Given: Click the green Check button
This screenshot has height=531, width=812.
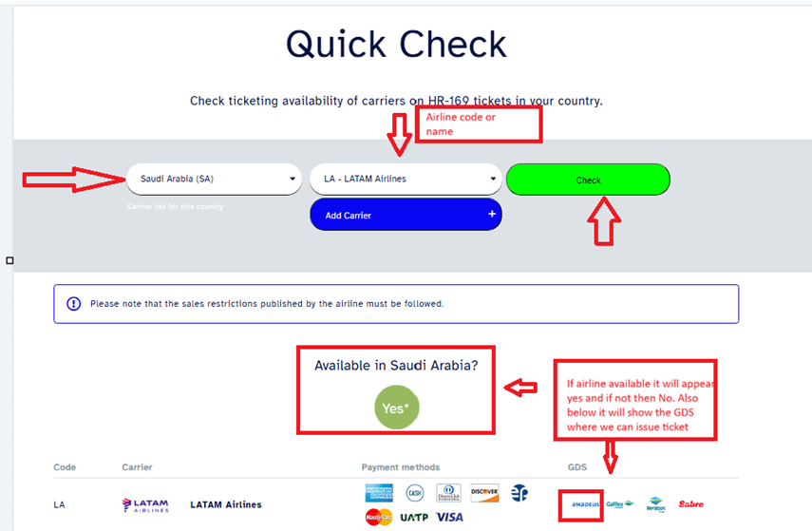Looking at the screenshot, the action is click(588, 180).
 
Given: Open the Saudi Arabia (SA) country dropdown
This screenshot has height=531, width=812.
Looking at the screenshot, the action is click(214, 179).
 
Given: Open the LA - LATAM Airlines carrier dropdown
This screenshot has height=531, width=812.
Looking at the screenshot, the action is click(406, 179).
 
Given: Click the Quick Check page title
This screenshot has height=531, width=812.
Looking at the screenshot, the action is click(396, 45).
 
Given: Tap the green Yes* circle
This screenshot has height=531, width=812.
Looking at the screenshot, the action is click(396, 408).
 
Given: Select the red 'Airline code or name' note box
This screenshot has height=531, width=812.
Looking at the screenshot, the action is click(478, 124).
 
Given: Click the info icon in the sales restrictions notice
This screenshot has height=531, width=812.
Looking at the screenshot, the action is click(74, 304).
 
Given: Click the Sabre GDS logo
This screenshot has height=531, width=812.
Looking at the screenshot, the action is click(690, 504).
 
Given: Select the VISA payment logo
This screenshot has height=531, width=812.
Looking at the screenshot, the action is click(450, 518).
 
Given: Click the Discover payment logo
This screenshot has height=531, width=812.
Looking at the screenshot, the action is click(483, 493).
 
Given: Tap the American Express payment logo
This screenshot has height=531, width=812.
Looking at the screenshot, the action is click(379, 493).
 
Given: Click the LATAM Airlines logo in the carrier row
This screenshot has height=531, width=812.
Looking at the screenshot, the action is click(145, 505).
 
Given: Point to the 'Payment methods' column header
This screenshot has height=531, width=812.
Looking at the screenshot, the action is click(400, 467).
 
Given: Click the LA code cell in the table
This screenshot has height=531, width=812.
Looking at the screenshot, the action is click(60, 504).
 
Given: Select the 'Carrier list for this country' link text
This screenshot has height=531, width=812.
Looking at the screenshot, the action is click(175, 206).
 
